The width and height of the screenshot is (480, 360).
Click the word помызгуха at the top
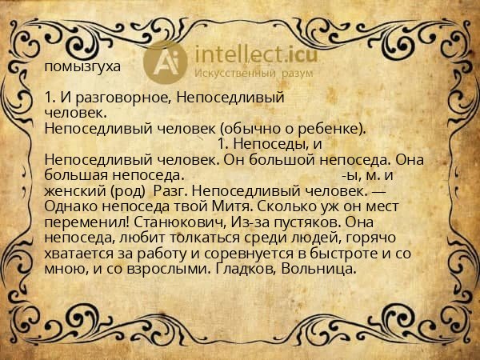tap(83, 67)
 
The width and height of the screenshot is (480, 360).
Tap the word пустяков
tap(298, 221)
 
